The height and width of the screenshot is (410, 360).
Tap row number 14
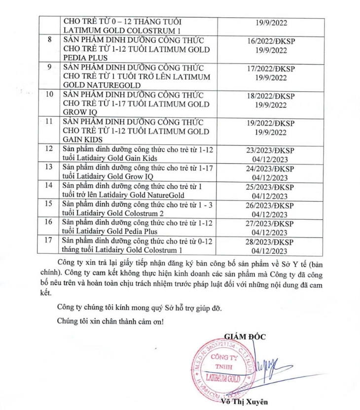(49, 186)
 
